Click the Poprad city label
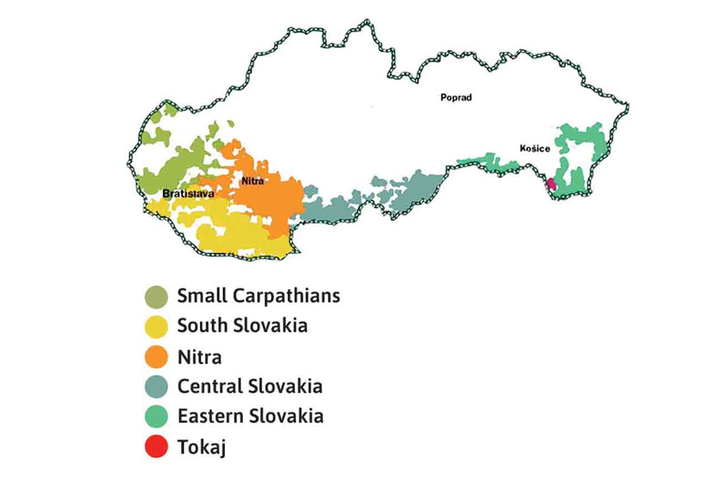coord(455,97)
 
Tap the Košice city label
coord(535,148)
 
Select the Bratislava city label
coord(184,193)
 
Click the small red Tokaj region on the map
coord(551,184)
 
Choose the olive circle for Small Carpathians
coord(156,297)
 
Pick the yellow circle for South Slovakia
coord(156,327)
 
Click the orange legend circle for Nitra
coord(156,357)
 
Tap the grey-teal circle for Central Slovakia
coord(156,387)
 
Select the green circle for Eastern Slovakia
coord(156,417)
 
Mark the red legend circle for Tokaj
coord(156,447)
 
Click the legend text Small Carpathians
coord(258,296)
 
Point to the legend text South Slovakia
coord(242,325)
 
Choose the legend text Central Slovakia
coord(250,386)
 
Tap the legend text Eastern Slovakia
coord(250,416)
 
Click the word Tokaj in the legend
coord(201,447)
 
